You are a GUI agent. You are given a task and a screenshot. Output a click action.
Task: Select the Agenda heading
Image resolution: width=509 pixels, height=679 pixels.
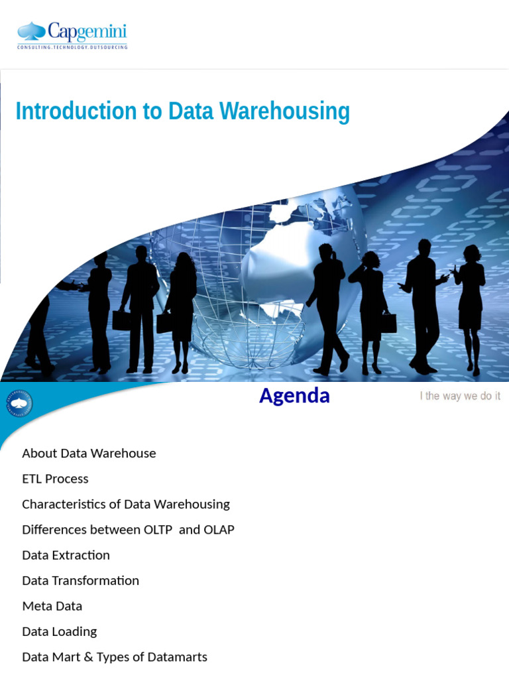[x=294, y=396]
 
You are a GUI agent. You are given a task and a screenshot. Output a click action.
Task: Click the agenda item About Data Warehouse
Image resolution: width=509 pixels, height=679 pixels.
[x=89, y=454]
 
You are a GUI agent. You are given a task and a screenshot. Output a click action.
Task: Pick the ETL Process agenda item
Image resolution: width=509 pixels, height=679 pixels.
[x=55, y=479]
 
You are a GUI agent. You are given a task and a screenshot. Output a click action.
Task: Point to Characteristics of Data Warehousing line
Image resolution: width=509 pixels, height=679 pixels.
[x=126, y=504]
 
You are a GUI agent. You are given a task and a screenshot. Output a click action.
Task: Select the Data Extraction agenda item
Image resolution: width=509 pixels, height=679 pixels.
[x=66, y=555]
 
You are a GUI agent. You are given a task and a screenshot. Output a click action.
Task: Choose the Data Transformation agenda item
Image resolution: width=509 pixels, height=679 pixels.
[x=80, y=581]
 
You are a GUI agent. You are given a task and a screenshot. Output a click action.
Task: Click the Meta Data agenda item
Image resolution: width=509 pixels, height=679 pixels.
[x=52, y=606]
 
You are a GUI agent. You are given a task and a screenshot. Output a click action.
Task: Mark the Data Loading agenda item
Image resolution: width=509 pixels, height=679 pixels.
[x=59, y=631]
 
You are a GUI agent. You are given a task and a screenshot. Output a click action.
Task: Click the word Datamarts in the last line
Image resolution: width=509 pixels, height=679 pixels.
[x=180, y=657]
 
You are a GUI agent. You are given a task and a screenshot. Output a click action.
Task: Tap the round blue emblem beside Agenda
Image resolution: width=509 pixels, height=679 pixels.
[x=19, y=403]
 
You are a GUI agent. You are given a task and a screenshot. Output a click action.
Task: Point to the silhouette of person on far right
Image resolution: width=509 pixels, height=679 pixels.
[x=470, y=305]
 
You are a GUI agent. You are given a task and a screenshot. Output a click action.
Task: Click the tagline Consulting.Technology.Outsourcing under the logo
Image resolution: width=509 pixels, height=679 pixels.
[x=72, y=47]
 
